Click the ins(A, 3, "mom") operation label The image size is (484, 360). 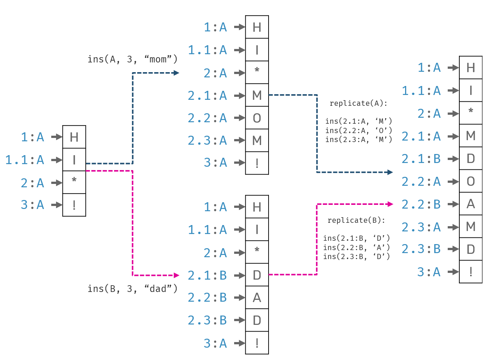tap(132, 59)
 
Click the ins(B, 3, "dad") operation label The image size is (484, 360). tap(132, 289)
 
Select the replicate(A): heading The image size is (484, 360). tap(358, 104)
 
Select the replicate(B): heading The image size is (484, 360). tap(356, 221)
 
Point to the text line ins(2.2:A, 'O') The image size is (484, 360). tap(358, 130)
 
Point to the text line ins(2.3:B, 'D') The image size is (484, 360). tap(356, 256)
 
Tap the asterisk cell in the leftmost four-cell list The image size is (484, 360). tap(74, 182)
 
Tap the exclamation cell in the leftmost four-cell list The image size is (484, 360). tap(74, 205)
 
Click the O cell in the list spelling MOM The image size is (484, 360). tap(257, 118)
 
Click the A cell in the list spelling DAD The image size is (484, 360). tap(257, 298)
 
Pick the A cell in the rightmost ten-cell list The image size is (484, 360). tap(471, 204)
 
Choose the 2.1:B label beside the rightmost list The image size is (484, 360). tap(421, 159)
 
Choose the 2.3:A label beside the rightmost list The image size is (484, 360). tap(421, 227)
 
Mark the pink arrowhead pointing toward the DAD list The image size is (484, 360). tap(177, 276)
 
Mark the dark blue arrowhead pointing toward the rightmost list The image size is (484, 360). tap(390, 172)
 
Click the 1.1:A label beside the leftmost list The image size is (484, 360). tap(25, 160)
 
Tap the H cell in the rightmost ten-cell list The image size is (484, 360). tap(471, 68)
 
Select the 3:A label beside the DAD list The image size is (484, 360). tap(215, 343)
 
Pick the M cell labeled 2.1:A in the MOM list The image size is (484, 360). tap(257, 95)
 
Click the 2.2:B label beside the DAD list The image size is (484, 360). tap(208, 298)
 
